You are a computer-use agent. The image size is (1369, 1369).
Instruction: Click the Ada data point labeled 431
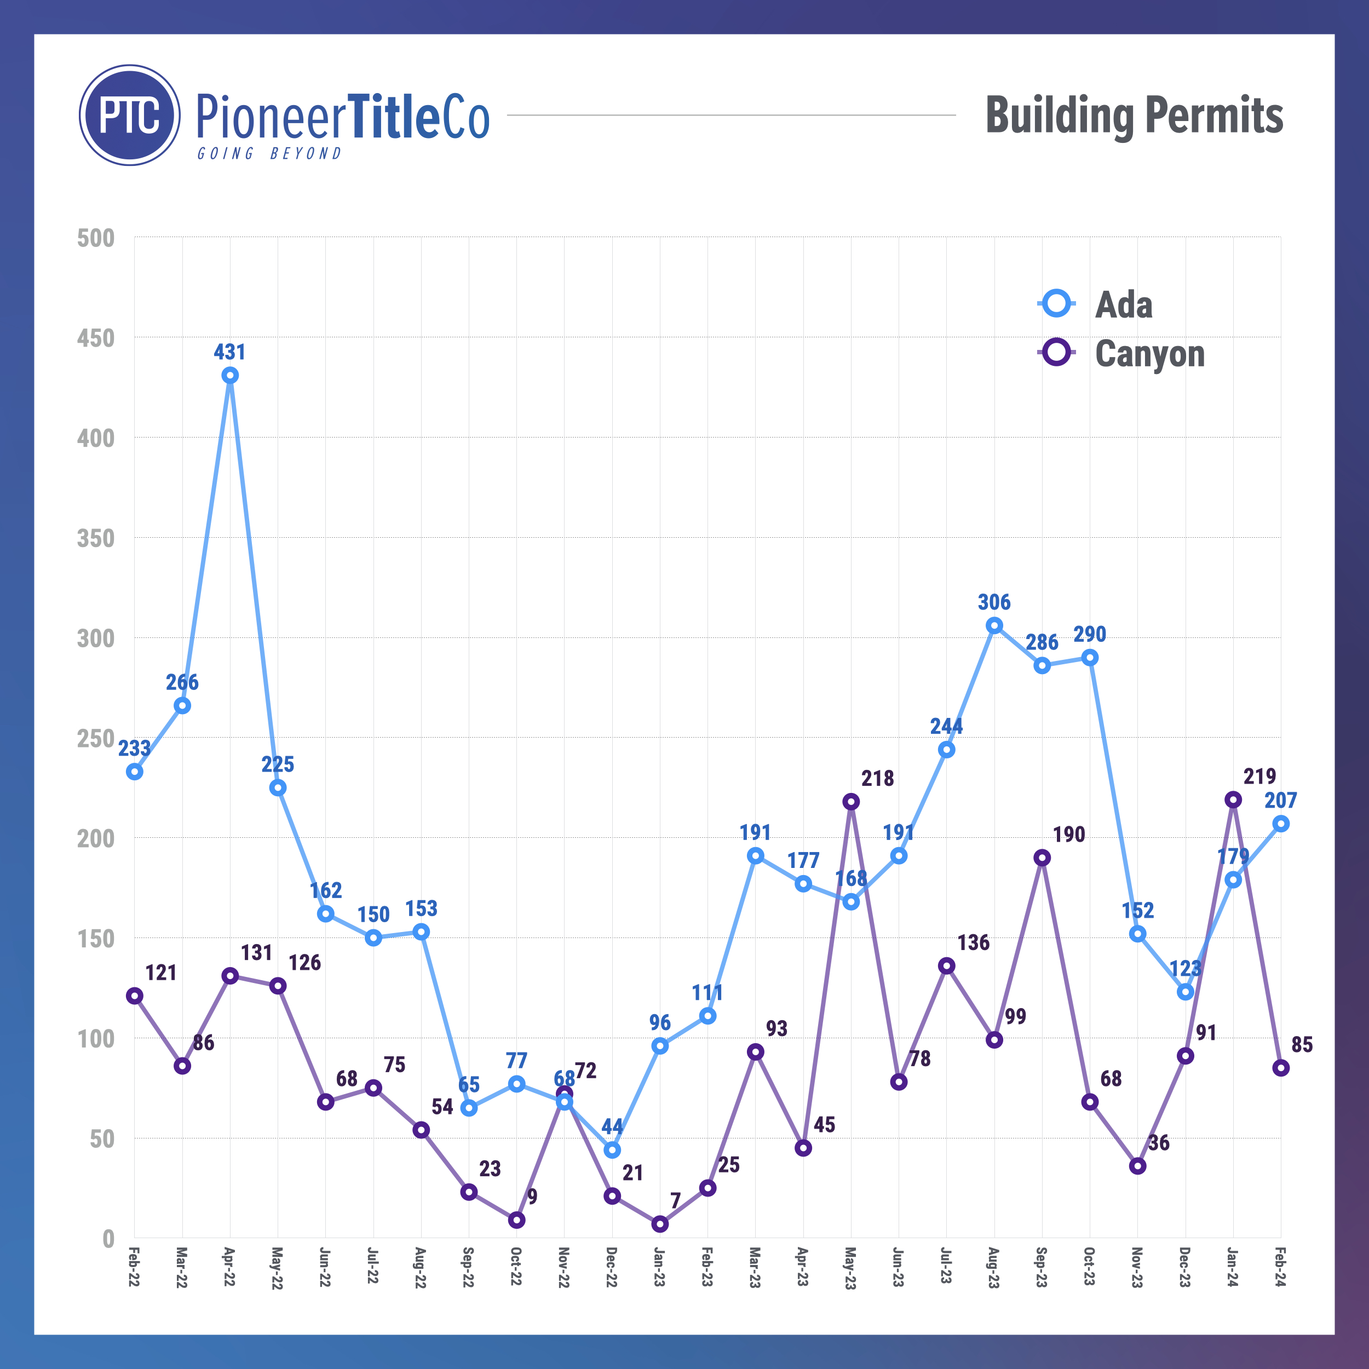[229, 376]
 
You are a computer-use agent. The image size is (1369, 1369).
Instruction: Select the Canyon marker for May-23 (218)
[851, 802]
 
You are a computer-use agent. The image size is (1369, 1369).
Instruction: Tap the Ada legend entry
[1094, 304]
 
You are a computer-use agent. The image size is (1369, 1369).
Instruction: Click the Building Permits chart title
[1134, 115]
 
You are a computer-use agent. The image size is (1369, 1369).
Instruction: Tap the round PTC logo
[130, 115]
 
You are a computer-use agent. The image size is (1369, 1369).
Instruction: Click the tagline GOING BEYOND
[269, 154]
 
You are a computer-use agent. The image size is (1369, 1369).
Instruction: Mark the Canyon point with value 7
[660, 1224]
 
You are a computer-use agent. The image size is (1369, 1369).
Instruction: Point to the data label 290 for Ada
[1090, 634]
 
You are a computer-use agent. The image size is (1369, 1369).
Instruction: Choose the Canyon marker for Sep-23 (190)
[1042, 858]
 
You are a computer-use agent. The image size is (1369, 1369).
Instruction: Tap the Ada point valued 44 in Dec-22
[612, 1150]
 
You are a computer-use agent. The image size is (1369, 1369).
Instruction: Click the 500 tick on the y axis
[96, 238]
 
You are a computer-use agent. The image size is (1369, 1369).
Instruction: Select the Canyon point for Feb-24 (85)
[1280, 1068]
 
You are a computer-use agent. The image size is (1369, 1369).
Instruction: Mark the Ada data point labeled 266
[182, 706]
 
